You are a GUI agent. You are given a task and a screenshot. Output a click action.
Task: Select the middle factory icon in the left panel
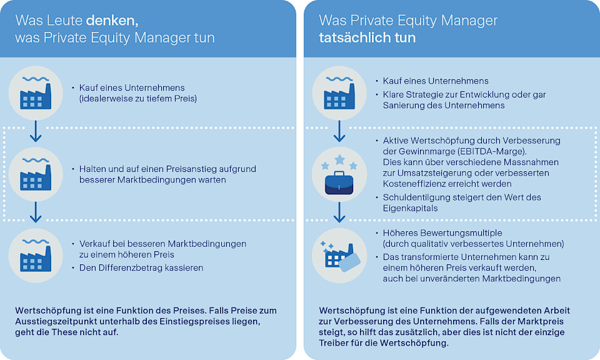35,174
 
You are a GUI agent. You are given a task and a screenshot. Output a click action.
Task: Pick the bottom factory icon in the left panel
35,254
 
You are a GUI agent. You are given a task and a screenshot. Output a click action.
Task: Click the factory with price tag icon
339,254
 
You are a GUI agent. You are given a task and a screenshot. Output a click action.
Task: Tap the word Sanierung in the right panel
404,105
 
